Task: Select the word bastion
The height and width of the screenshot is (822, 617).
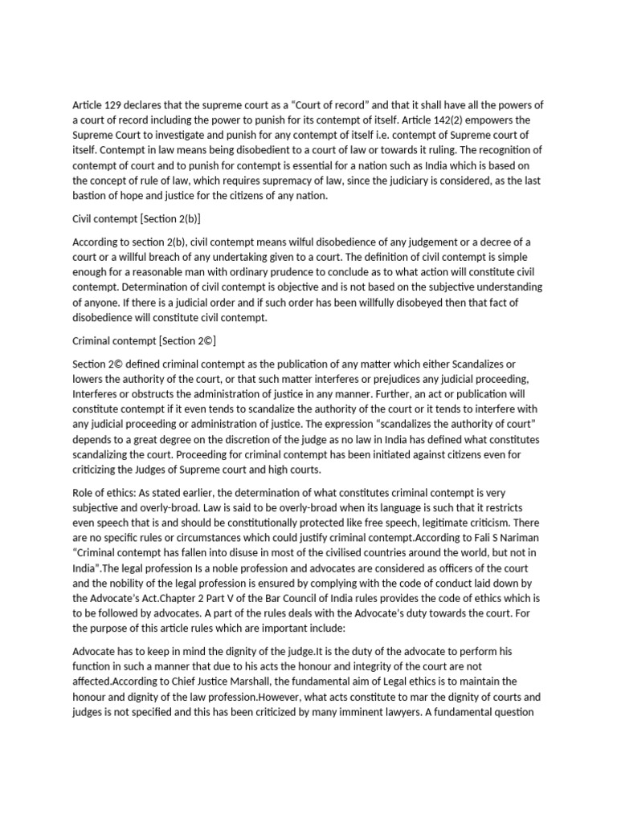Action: (92, 197)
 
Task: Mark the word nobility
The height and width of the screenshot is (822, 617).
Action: (119, 599)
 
